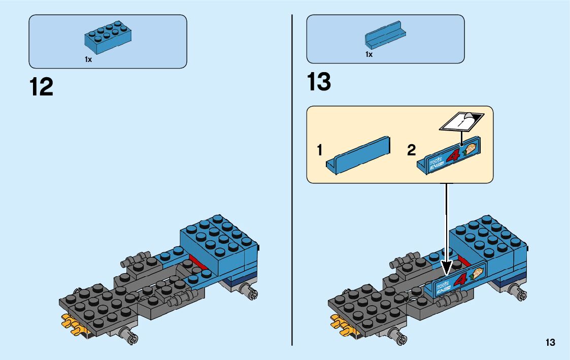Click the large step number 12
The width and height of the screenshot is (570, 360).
(41, 87)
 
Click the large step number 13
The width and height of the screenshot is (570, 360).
(319, 82)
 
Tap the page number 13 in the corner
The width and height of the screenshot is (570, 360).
(550, 343)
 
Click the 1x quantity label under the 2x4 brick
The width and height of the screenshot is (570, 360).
(88, 59)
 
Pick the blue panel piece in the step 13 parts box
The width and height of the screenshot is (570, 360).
(386, 37)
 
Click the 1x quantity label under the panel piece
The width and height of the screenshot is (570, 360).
(369, 54)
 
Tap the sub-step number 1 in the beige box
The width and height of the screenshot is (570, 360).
(320, 150)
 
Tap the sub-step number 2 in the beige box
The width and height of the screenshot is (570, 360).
(412, 150)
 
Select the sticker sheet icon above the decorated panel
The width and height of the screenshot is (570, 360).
(461, 120)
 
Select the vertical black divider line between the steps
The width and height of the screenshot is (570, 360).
(292, 178)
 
